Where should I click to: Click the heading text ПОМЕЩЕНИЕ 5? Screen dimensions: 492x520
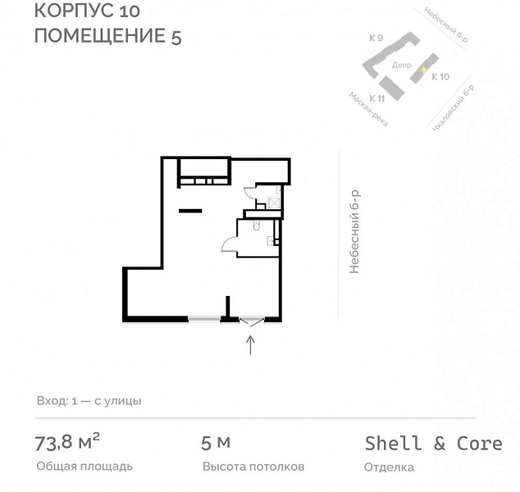pos(107,36)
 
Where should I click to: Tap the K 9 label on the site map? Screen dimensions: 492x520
pos(376,38)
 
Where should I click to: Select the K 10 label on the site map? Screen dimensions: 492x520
pos(440,77)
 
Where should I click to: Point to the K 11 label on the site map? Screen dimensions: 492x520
pos(376,98)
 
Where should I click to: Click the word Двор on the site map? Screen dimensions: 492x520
pos(401,64)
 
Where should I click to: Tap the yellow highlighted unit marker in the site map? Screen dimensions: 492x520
pos(423,70)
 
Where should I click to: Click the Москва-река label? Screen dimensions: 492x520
pos(367,109)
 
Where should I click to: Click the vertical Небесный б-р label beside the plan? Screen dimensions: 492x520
pos(354,231)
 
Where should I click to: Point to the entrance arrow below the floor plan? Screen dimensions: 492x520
pos(251,344)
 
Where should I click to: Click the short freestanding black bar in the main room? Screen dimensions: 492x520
pos(190,211)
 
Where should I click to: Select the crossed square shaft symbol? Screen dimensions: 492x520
pos(274,202)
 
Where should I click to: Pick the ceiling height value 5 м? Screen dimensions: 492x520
pos(216,443)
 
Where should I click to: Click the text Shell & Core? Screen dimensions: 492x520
pos(433,443)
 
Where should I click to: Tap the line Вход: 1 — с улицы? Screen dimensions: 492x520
pos(89,401)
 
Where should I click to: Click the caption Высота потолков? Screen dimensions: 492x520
pos(253,467)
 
